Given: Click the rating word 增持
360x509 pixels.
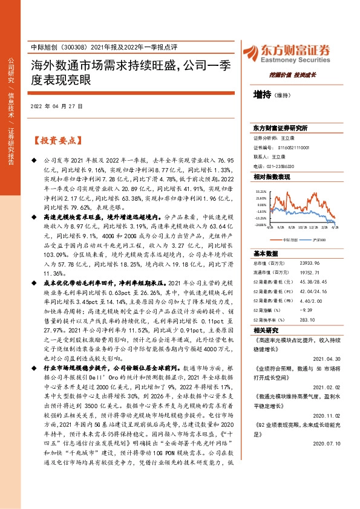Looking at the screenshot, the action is (x=263, y=95).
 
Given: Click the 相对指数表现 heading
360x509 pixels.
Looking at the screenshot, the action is (x=272, y=177).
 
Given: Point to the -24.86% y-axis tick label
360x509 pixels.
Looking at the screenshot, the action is (x=261, y=225).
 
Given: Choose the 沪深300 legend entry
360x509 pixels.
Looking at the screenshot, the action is (x=319, y=240).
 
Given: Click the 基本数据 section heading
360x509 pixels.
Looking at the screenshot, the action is (x=266, y=253).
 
